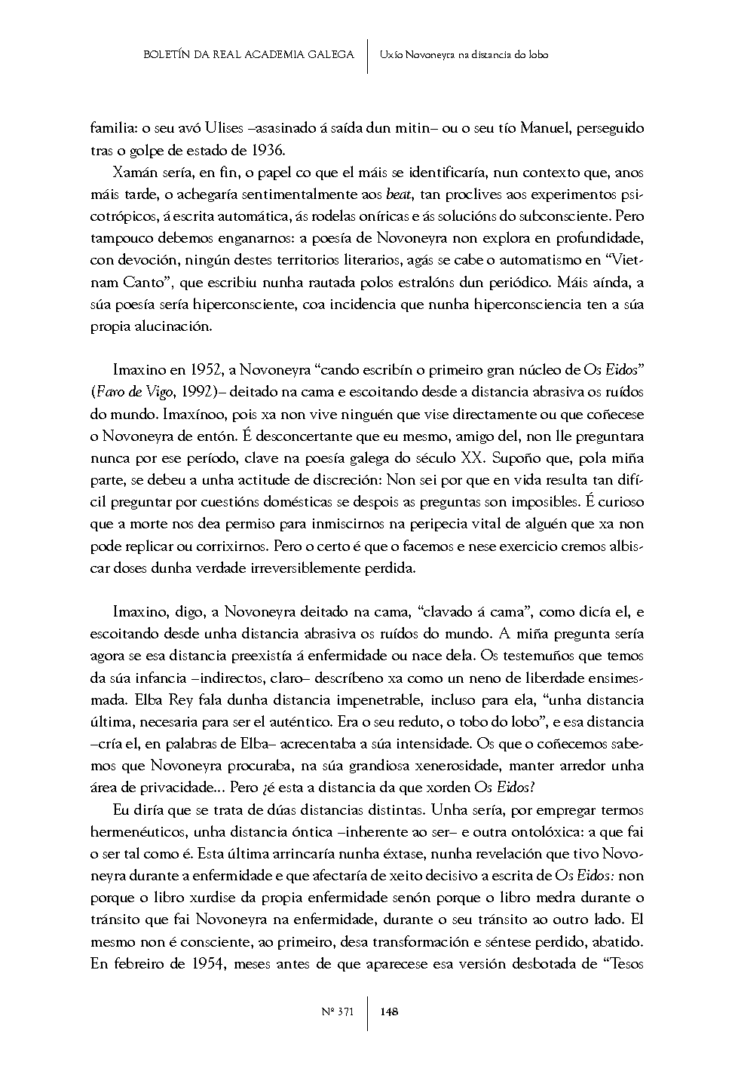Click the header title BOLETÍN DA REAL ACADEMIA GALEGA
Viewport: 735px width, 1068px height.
249,54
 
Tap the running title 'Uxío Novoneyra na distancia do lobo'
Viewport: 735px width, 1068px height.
464,54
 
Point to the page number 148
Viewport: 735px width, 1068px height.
390,1011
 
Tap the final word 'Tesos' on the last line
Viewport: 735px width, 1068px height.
625,964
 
